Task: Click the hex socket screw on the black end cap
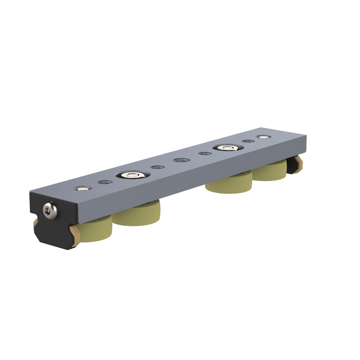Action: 49,209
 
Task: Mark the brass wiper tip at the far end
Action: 300,164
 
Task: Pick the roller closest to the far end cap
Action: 271,170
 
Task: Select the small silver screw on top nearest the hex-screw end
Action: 81,188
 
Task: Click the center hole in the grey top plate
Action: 180,160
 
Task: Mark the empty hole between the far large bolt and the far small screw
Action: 248,141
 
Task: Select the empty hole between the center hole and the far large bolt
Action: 204,154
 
